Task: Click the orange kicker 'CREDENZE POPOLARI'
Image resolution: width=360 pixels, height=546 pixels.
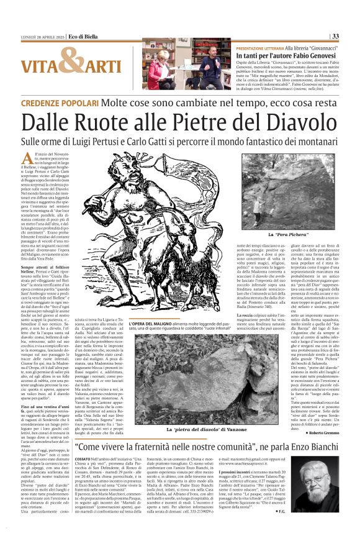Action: click(56, 102)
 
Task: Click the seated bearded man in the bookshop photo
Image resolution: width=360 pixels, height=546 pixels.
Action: click(212, 68)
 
